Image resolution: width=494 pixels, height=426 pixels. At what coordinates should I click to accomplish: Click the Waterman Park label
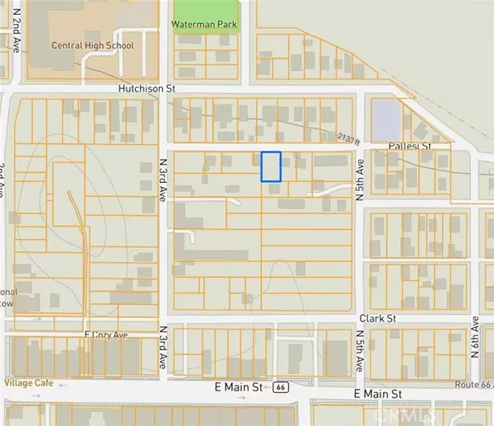click(203, 25)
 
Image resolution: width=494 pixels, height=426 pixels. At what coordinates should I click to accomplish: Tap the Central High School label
click(92, 45)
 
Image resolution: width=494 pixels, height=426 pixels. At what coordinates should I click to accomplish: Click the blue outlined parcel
click(271, 166)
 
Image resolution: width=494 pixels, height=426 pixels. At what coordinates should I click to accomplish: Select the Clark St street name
click(377, 317)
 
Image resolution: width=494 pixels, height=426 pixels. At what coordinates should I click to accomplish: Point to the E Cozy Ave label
click(110, 336)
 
